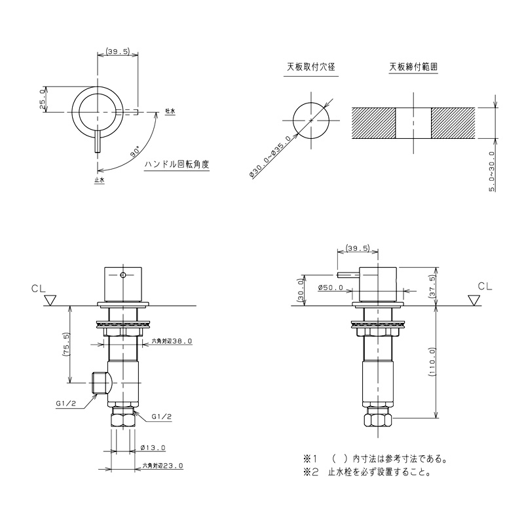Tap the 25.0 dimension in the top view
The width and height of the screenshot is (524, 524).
click(42, 100)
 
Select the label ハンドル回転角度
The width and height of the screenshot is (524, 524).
click(177, 164)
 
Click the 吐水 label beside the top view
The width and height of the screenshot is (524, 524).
click(170, 111)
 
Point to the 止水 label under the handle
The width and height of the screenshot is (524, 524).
click(100, 179)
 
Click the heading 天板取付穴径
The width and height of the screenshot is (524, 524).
click(310, 67)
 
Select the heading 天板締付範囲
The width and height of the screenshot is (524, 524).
click(413, 67)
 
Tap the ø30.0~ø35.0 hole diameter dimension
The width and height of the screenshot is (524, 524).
click(269, 157)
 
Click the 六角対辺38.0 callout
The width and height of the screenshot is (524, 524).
click(172, 341)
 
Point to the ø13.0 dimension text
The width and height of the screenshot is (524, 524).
click(153, 447)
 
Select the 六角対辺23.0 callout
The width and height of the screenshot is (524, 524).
click(162, 465)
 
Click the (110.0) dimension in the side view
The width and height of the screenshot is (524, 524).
click(432, 362)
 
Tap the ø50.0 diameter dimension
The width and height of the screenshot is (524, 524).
click(331, 288)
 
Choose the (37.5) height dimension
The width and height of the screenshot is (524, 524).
click(432, 286)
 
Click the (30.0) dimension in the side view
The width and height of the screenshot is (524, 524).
click(300, 290)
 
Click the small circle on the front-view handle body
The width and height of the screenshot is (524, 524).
click(123, 275)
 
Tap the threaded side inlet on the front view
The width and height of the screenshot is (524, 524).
click(100, 383)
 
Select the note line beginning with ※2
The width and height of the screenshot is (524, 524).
click(367, 472)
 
